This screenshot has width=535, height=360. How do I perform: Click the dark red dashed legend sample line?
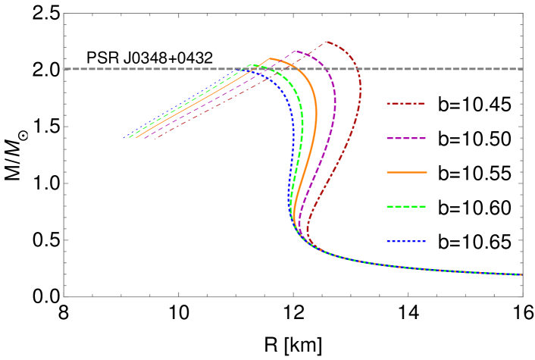pos(405,103)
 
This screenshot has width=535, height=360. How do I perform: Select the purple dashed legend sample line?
pos(405,138)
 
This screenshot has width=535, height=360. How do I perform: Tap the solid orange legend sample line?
pos(406,172)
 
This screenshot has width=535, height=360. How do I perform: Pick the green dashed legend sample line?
pos(405,206)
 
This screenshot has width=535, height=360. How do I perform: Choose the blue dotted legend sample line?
pos(405,241)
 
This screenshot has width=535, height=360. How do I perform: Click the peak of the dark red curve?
pos(327,42)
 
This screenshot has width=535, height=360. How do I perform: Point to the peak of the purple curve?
pos(296,52)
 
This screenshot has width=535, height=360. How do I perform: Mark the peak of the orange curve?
pos(271,58)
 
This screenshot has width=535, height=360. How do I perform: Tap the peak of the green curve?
pos(252,65)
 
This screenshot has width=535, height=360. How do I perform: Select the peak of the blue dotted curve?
pos(241,69)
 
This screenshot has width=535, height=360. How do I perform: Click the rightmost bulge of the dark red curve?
pos(361,91)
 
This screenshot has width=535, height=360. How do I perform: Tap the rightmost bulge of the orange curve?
pos(316,114)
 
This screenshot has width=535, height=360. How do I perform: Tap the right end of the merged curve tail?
pos(521,274)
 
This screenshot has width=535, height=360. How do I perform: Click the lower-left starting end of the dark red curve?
pos(155,139)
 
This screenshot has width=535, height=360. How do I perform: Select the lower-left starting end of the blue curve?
pos(124,138)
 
